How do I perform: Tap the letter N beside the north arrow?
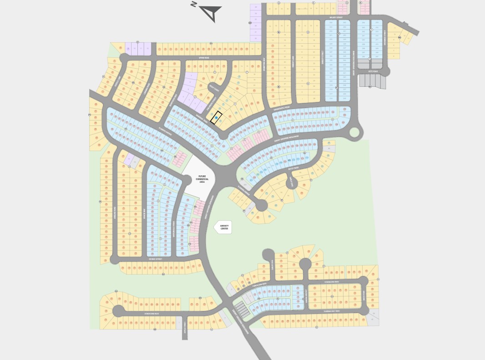[x=194, y=5]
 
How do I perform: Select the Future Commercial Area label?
[x=202, y=179]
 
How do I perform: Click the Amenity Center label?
[x=224, y=227]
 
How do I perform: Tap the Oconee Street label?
[x=155, y=259]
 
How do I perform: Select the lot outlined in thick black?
[x=217, y=118]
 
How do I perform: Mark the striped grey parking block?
[x=242, y=310]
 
